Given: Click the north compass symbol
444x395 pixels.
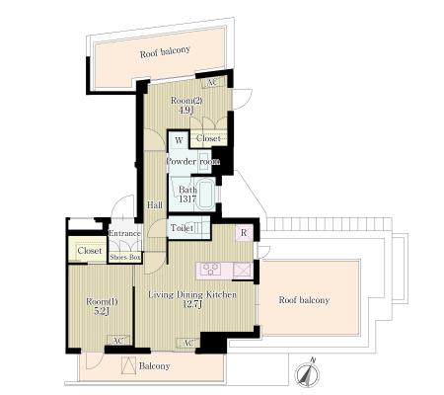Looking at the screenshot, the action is pyautogui.click(x=307, y=373).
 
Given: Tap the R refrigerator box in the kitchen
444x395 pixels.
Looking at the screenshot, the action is pyautogui.click(x=244, y=233).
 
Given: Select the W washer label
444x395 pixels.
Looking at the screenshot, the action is pyautogui.click(x=179, y=140).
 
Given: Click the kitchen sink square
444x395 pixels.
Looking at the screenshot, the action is pyautogui.click(x=242, y=271).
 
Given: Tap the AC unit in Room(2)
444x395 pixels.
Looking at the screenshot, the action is pyautogui.click(x=213, y=82).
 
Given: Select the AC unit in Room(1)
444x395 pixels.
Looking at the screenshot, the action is pyautogui.click(x=118, y=340).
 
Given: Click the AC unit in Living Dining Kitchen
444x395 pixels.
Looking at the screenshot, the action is pyautogui.click(x=187, y=343).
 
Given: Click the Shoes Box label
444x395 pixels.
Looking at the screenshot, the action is pyautogui.click(x=125, y=257).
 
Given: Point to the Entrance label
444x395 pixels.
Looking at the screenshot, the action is pyautogui.click(x=124, y=233).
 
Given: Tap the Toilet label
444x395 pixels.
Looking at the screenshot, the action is pyautogui.click(x=182, y=227).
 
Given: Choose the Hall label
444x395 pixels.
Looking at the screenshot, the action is pyautogui.click(x=154, y=205).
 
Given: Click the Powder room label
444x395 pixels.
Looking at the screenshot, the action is pyautogui.click(x=192, y=161).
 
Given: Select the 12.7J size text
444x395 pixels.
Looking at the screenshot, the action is pyautogui.click(x=192, y=304).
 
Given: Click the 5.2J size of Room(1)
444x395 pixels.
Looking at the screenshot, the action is pyautogui.click(x=102, y=311).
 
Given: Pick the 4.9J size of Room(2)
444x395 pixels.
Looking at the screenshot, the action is pyautogui.click(x=185, y=110).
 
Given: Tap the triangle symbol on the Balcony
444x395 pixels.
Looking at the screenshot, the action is pyautogui.click(x=128, y=365).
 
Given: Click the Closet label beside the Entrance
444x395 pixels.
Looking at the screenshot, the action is pyautogui.click(x=90, y=251).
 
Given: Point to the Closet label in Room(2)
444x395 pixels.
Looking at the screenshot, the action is pyautogui.click(x=208, y=138).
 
